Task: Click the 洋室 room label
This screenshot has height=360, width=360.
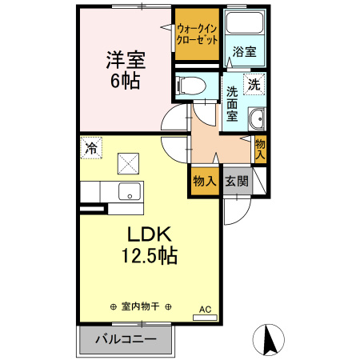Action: pos(120,59)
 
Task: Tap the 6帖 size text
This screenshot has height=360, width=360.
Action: pos(120,80)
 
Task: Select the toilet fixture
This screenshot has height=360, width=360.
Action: pos(190,84)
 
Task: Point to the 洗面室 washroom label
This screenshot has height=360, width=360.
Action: pos(232,103)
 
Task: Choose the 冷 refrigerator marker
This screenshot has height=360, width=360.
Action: pos(92,147)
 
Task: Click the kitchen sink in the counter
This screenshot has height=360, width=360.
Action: pos(128,192)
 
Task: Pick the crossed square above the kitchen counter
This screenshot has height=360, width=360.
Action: pos(128,164)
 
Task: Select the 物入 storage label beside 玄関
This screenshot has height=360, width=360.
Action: pos(204,182)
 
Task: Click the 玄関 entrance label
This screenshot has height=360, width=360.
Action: pos(236,182)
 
